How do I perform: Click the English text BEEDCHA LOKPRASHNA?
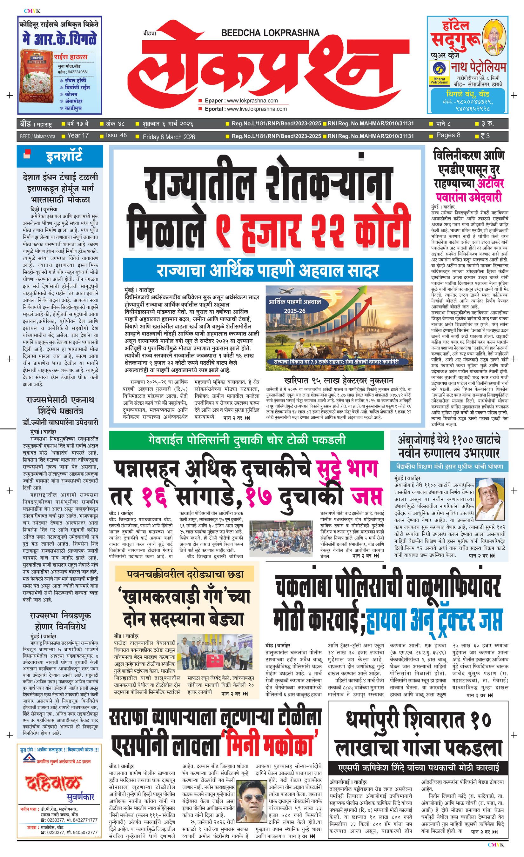(270, 33)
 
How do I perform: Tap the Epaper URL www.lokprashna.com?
(252, 101)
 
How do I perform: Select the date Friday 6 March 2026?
(169, 137)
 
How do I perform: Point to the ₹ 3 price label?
(485, 136)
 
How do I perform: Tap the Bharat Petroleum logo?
(439, 74)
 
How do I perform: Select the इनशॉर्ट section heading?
(64, 156)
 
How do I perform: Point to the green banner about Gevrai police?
(246, 440)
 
